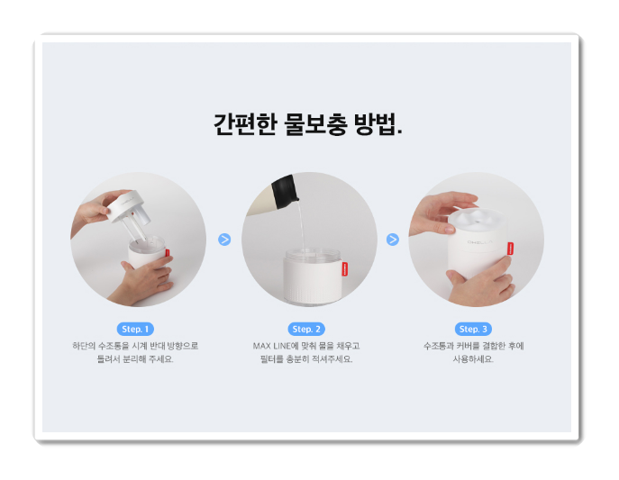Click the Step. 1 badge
(135, 329)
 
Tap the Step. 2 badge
(306, 329)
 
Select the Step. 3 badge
(473, 329)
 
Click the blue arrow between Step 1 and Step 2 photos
(224, 240)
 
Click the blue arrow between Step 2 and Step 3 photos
(393, 240)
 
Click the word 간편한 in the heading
(245, 124)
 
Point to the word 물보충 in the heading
(316, 124)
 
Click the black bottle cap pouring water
(284, 192)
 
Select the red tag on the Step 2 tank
(344, 268)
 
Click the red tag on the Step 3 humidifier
(510, 249)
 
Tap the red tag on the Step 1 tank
(168, 253)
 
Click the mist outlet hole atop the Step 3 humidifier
(479, 220)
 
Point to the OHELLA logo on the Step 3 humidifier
(480, 241)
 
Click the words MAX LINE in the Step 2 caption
(271, 346)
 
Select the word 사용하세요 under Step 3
(473, 359)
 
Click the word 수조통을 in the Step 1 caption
(114, 346)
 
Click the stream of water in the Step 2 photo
(302, 225)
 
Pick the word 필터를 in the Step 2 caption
(272, 359)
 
